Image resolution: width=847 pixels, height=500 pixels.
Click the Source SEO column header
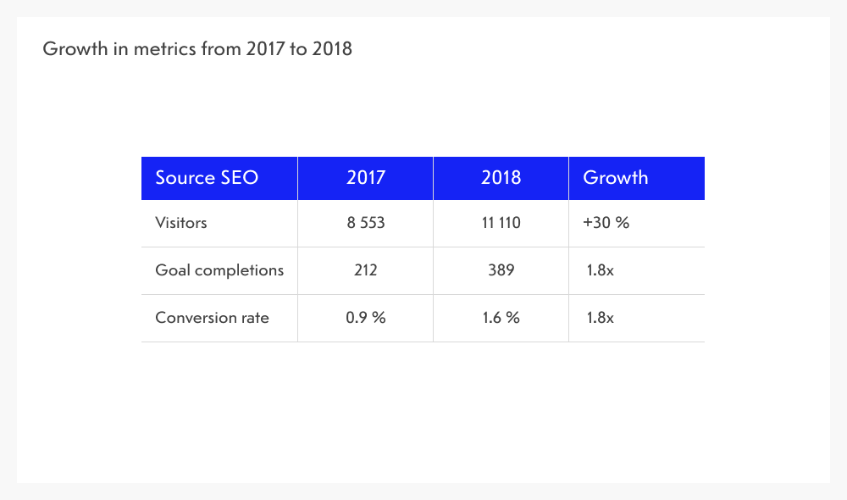tap(207, 178)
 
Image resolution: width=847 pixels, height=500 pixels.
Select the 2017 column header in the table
tap(365, 178)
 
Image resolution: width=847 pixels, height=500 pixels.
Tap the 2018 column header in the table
tap(501, 178)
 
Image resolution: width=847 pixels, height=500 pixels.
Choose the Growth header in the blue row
tap(616, 178)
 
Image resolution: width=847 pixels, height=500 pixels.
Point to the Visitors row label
tap(181, 224)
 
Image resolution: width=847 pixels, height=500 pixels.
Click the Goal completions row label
tap(219, 271)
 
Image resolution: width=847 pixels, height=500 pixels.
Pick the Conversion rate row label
tap(212, 319)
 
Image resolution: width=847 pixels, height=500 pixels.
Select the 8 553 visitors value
tap(365, 224)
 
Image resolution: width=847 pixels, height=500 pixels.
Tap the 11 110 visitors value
tap(501, 224)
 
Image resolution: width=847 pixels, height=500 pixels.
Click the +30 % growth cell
tap(606, 224)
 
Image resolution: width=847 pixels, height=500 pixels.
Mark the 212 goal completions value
tap(365, 271)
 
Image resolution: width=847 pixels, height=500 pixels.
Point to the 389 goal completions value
tap(501, 271)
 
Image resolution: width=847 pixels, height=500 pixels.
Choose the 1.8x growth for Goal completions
tap(601, 271)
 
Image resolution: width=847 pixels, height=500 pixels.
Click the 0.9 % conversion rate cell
tap(365, 319)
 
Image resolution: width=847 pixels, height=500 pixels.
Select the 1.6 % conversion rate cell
tap(501, 319)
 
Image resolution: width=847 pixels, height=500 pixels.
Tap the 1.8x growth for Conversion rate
tap(601, 319)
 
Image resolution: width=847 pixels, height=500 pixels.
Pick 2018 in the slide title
tap(331, 49)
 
